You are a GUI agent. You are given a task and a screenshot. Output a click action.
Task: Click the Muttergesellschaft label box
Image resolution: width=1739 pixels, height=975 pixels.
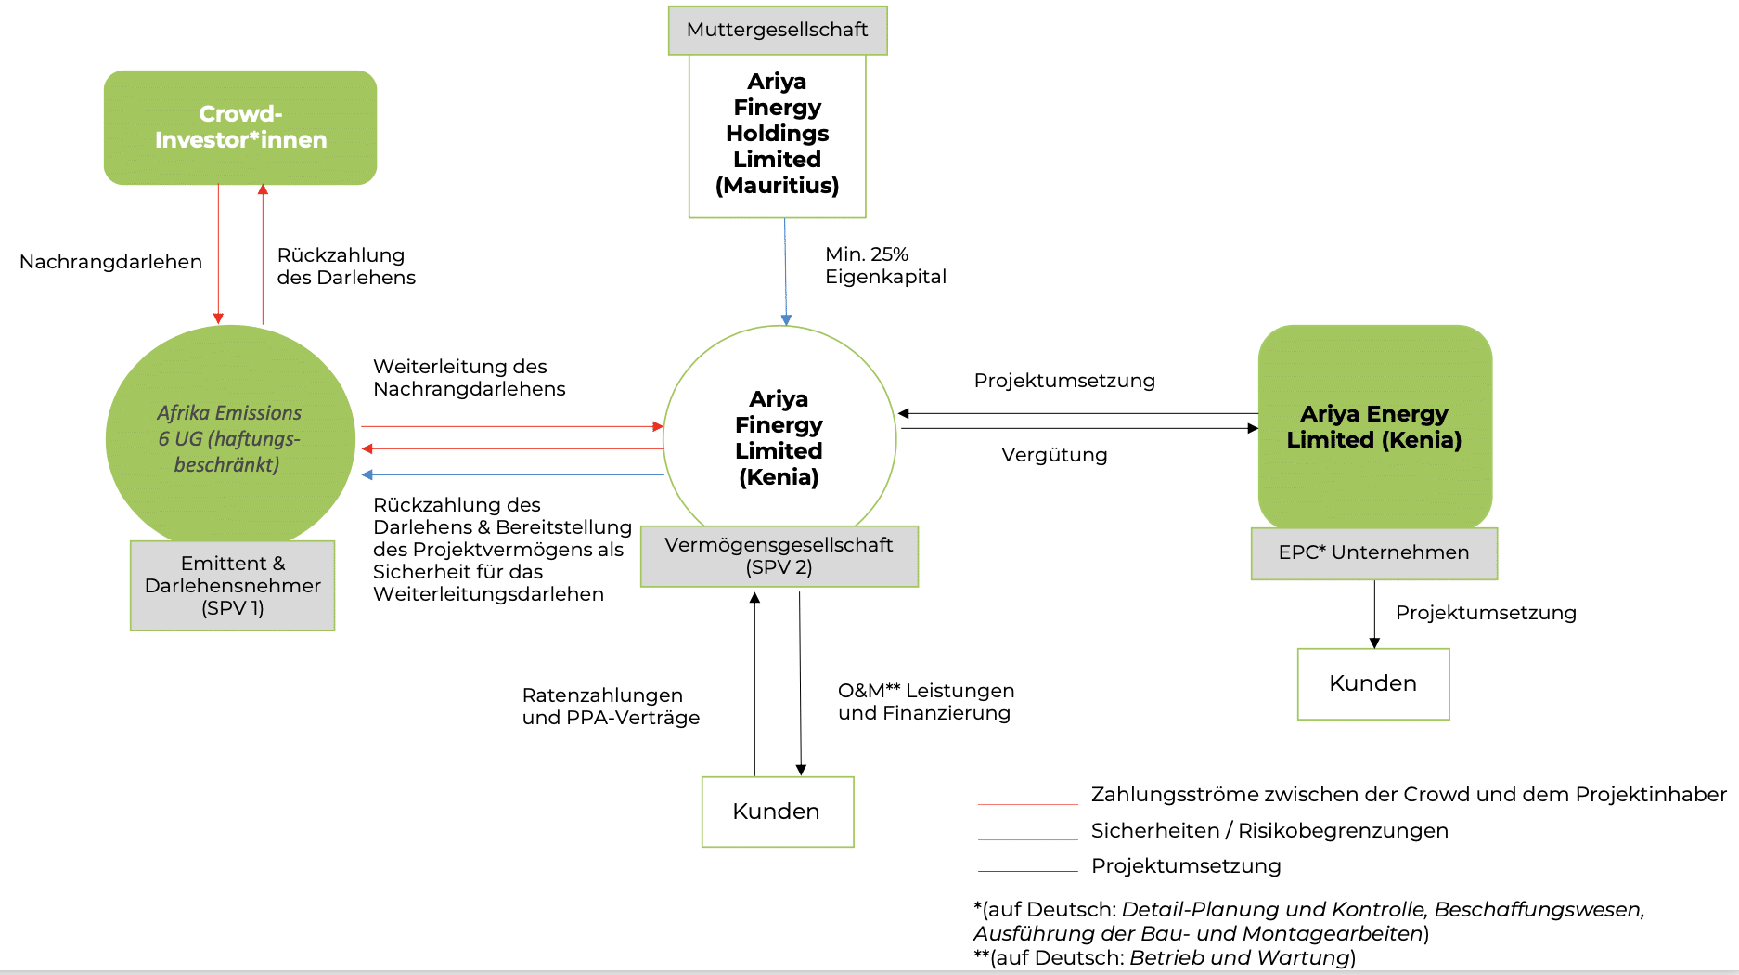(778, 31)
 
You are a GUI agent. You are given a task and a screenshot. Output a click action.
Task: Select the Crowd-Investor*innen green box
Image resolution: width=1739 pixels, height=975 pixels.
(240, 127)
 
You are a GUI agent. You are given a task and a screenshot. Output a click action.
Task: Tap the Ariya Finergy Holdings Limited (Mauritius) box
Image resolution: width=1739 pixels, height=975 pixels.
(778, 136)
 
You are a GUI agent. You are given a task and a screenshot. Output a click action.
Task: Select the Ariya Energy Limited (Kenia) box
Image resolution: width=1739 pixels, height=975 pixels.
(1374, 427)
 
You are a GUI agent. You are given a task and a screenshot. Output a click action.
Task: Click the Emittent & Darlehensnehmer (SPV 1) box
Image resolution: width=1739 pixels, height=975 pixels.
(233, 586)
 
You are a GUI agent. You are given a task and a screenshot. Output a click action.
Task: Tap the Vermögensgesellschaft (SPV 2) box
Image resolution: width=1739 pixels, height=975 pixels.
(779, 556)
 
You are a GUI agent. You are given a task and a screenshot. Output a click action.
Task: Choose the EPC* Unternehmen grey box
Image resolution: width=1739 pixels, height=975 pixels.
(1374, 553)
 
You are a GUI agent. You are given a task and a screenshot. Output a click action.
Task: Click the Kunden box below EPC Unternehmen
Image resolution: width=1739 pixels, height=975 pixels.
(1373, 684)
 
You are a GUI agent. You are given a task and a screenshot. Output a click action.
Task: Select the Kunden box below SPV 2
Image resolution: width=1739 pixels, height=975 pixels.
(778, 812)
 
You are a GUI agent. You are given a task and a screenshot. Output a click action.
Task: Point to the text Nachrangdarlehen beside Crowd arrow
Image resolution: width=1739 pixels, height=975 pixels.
(111, 262)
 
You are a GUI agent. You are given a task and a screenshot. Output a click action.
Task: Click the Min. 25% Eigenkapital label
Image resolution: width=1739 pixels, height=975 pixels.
(886, 266)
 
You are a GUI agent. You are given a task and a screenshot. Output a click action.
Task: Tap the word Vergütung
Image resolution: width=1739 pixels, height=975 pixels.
(1054, 455)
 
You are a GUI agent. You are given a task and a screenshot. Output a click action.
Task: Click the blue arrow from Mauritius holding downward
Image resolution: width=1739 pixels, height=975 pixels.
(785, 272)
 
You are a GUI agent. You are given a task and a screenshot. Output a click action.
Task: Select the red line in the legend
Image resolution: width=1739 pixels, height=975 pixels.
(1028, 804)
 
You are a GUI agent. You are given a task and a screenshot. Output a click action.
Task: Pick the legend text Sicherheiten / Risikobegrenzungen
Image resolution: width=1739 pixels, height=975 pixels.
(1269, 831)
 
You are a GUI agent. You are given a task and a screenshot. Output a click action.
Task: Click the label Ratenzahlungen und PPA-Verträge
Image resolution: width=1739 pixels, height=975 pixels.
(611, 707)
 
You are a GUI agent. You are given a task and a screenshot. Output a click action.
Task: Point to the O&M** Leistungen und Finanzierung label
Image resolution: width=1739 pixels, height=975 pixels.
(926, 702)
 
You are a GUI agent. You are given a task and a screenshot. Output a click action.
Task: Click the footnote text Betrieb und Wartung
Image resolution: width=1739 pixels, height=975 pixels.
(1239, 957)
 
